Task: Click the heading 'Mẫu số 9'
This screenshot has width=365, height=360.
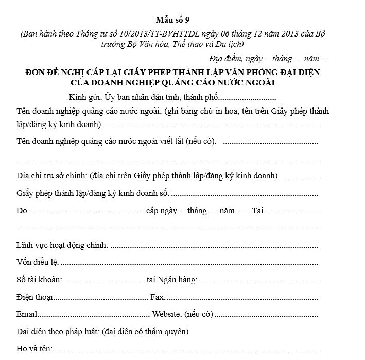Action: [173, 21]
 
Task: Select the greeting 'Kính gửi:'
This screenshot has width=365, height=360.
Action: [85, 97]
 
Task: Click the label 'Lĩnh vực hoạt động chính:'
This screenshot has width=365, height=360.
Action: [62, 245]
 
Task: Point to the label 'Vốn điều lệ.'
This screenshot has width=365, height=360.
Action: [38, 262]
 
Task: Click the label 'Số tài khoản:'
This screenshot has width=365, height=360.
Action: [39, 279]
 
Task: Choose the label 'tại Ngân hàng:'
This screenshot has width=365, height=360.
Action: [172, 279]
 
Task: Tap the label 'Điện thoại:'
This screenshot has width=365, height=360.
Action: [36, 297]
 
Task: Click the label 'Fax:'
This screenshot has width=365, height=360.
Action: [158, 297]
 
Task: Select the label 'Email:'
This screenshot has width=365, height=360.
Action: [28, 314]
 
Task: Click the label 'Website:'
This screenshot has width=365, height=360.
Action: [167, 314]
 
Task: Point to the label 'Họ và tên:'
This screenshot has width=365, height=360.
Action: [34, 348]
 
